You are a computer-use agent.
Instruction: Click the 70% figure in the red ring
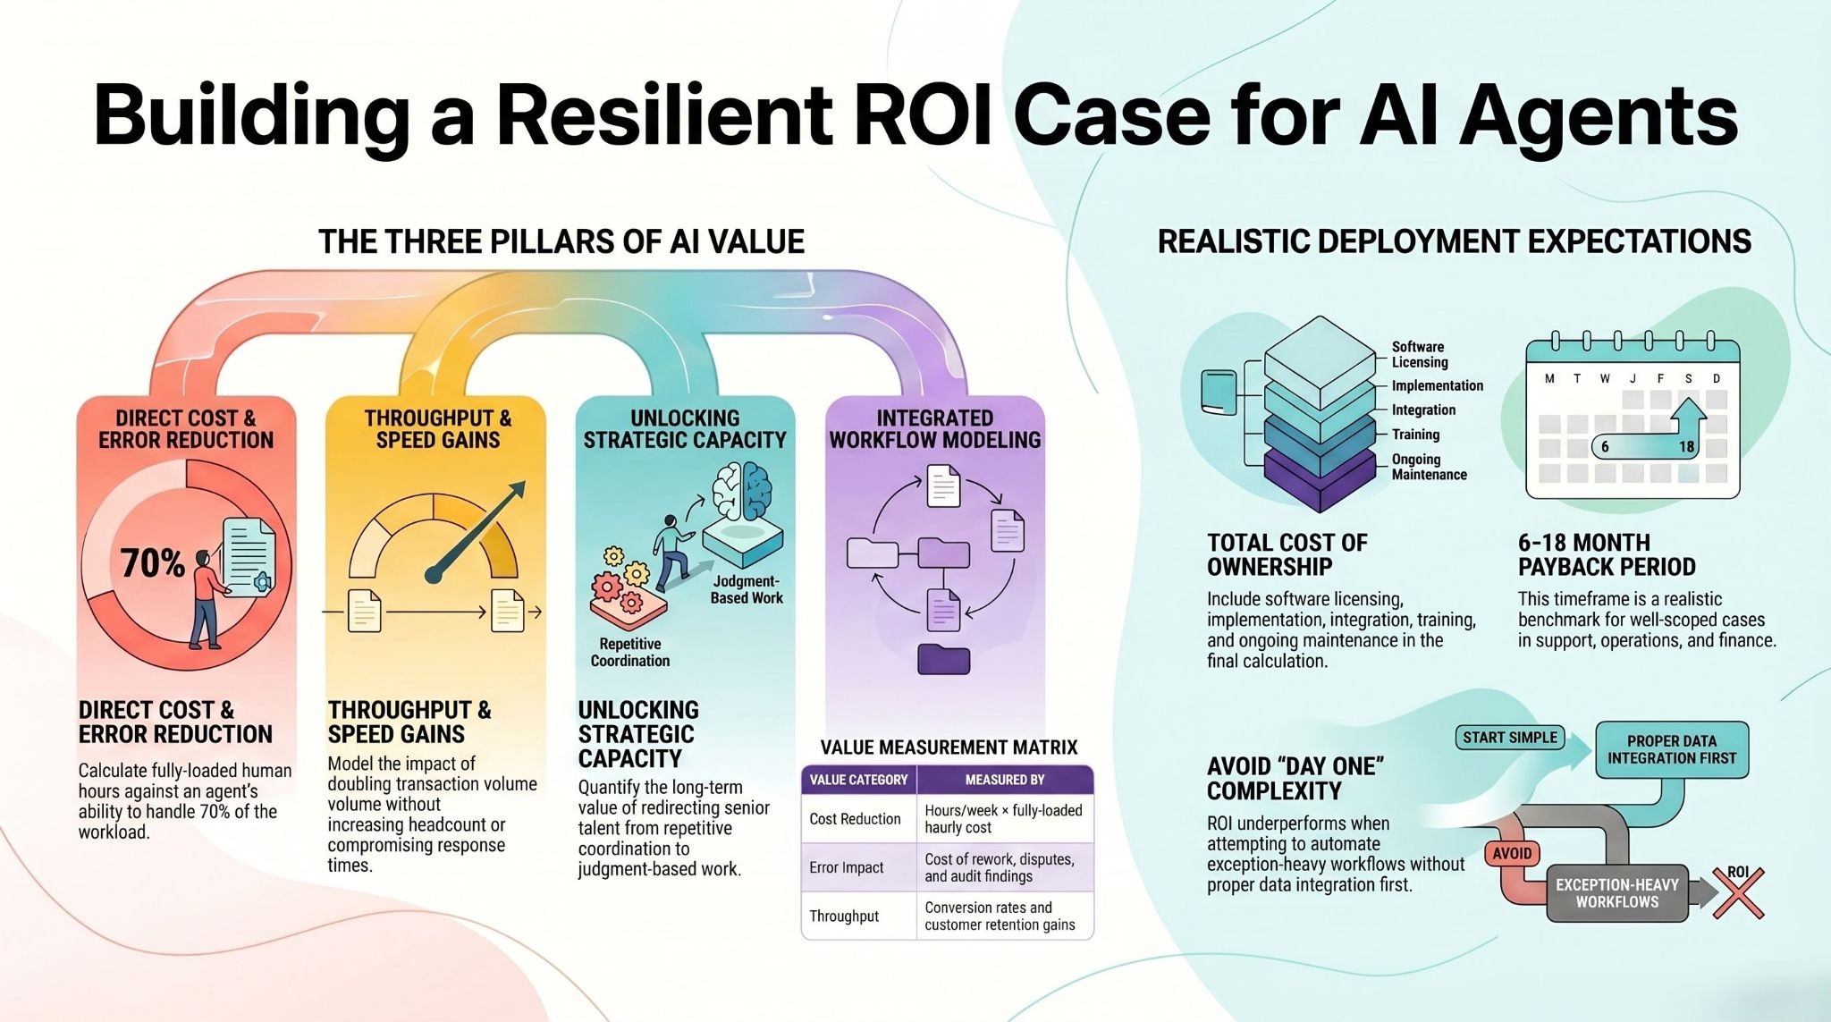(152, 563)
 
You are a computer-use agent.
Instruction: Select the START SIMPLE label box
(1510, 738)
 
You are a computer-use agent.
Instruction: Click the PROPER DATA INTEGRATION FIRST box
(1671, 749)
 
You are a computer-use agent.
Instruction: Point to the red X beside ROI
(1737, 895)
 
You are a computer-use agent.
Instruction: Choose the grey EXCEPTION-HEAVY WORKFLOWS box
(1616, 892)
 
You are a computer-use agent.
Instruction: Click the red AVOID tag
(1512, 853)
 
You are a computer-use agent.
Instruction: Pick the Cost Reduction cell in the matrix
(856, 818)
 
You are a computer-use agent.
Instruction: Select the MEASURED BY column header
(1004, 780)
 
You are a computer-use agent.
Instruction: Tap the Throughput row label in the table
(844, 916)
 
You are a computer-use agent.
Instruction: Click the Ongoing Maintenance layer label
(1429, 467)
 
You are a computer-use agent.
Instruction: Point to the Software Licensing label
(1419, 354)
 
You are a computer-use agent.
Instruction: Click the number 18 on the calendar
(1686, 447)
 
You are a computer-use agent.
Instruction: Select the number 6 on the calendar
(1605, 447)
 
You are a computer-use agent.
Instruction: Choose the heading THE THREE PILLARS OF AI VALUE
(561, 241)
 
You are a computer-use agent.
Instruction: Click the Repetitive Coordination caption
(629, 652)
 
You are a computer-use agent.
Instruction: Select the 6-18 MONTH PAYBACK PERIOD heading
(1606, 554)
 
